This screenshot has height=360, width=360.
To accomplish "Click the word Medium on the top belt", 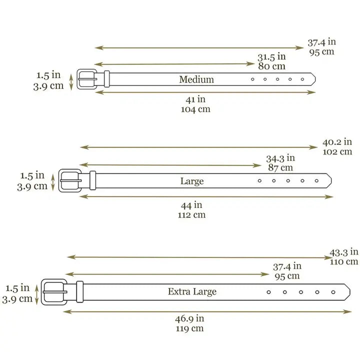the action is (x=196, y=79).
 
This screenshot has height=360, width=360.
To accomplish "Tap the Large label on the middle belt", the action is (x=192, y=181).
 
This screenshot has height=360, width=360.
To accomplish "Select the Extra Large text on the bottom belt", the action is (x=192, y=292).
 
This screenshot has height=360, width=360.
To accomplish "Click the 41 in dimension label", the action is (x=195, y=99).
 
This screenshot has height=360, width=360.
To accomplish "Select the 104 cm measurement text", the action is (x=195, y=109).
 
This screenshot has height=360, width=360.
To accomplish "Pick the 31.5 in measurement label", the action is (x=271, y=57).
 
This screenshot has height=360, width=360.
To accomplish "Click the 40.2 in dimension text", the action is (x=337, y=142).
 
